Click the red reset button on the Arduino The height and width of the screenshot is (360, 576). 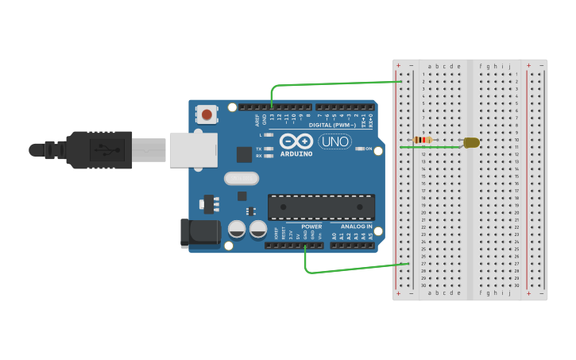coord(207,114)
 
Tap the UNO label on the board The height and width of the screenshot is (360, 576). coord(334,141)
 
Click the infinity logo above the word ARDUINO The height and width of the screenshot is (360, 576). coord(296,141)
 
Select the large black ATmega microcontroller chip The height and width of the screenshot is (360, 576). coord(321,207)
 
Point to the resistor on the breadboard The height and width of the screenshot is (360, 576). coord(423,140)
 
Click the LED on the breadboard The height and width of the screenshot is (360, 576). coord(470,142)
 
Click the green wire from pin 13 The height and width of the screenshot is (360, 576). coord(334,83)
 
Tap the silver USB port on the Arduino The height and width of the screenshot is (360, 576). coord(192,149)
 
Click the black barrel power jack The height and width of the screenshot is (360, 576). coord(200,233)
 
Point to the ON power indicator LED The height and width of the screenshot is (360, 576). coord(360,149)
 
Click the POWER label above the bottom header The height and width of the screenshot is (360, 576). coord(311,226)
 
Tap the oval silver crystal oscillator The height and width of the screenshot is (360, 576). coord(242,179)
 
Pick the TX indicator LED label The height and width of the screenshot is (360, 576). coord(259,149)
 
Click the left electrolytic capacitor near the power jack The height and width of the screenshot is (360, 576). coord(237,230)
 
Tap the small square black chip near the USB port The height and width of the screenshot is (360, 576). coord(244,155)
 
